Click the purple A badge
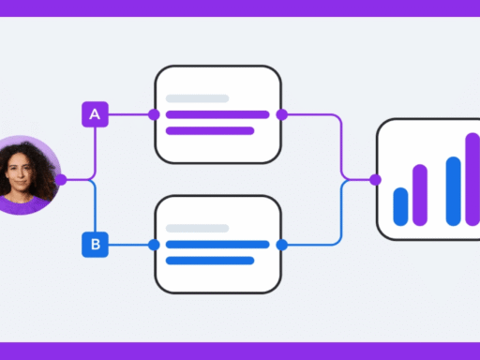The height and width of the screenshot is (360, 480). (94, 114)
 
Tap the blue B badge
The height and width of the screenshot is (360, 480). (94, 246)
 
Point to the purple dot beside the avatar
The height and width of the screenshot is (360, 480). (60, 179)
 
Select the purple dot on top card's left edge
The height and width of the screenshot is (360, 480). (155, 114)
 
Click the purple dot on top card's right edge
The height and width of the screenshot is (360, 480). (281, 114)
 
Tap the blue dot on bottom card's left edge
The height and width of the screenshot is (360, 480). (155, 245)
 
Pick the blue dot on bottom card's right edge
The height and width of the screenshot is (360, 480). (281, 245)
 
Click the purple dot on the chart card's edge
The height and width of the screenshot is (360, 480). (376, 179)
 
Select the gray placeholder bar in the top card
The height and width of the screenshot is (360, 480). (197, 98)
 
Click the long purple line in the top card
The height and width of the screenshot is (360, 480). (217, 114)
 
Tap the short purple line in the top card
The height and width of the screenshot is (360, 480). (209, 130)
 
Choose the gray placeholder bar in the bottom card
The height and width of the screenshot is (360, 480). (197, 229)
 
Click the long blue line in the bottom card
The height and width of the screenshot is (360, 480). (217, 245)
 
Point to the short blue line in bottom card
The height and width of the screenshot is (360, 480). (209, 261)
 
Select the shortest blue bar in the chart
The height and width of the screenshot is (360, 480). (400, 206)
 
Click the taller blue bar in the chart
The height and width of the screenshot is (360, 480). (454, 191)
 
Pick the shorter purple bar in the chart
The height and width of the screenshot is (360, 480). (420, 195)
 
